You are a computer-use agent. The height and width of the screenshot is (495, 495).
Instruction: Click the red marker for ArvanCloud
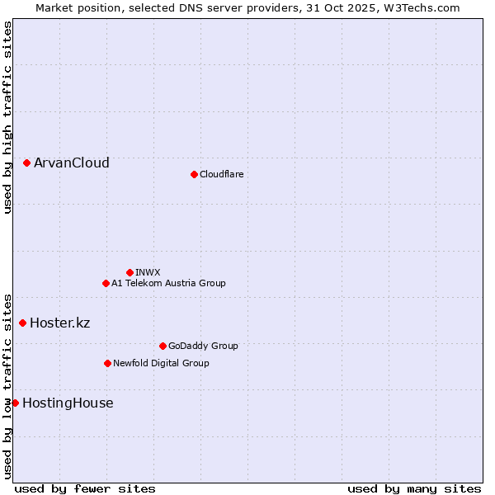tap(27, 163)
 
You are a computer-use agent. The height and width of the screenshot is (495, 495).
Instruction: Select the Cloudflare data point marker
tap(194, 174)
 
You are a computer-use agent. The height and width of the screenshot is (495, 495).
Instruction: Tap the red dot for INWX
tap(130, 272)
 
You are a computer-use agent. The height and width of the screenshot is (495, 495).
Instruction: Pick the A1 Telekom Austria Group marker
tap(106, 283)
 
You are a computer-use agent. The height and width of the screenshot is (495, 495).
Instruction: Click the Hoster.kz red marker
tap(22, 323)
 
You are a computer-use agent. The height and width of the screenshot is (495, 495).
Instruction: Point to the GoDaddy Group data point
tap(163, 346)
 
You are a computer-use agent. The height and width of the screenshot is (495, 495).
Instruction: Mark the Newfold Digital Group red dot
tap(107, 363)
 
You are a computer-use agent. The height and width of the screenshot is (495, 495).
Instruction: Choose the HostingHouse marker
tap(15, 403)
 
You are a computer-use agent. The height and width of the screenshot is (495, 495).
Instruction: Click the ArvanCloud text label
tap(71, 163)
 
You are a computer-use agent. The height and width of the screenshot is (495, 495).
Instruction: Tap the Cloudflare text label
tap(221, 174)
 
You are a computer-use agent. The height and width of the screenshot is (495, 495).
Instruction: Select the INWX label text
tap(148, 272)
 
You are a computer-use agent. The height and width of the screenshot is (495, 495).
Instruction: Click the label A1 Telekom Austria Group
tap(168, 283)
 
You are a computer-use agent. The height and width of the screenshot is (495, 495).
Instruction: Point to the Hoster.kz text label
tap(59, 323)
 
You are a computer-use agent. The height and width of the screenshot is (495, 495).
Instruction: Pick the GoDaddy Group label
tap(203, 346)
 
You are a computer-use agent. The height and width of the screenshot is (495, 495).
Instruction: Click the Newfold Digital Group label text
tap(161, 363)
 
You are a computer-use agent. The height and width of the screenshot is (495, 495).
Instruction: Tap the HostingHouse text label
tap(68, 403)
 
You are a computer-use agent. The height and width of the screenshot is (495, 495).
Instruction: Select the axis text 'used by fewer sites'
tap(85, 488)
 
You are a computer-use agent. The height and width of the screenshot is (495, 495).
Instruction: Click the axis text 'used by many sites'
tap(413, 488)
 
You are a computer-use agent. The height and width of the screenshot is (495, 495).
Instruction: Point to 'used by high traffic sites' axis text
tap(7, 117)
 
